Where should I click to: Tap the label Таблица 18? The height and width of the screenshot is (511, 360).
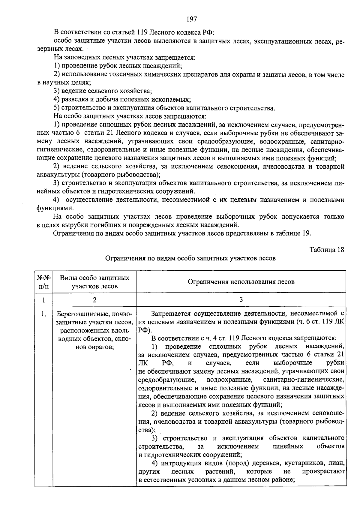click(x=327, y=250)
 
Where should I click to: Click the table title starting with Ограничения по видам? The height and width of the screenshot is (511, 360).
click(x=190, y=258)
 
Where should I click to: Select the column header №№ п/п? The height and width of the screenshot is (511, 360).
click(x=44, y=282)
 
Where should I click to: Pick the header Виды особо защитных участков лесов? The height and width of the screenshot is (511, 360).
click(x=94, y=282)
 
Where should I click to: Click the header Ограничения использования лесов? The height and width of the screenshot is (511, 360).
click(x=241, y=282)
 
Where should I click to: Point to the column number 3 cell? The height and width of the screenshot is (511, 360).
click(x=241, y=299)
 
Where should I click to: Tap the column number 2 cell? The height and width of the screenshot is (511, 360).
click(x=94, y=299)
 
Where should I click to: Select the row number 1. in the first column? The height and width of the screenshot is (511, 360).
click(x=44, y=314)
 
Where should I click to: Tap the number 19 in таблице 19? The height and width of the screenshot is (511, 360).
click(x=306, y=233)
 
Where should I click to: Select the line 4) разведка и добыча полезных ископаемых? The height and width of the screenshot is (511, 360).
click(x=122, y=99)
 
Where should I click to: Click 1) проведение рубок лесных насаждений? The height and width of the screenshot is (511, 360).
click(x=118, y=65)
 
